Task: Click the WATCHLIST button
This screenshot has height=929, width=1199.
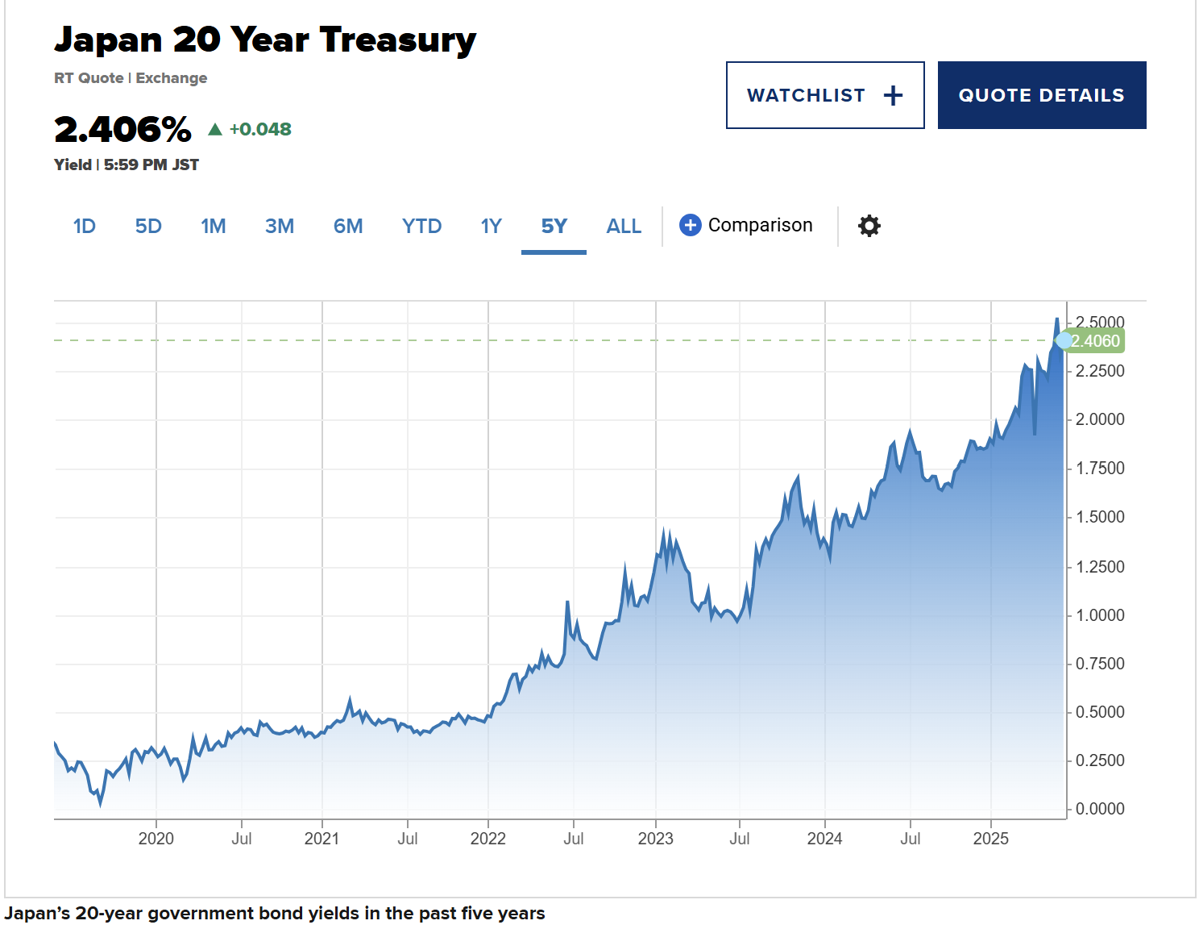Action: point(824,95)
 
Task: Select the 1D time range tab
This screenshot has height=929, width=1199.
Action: point(85,226)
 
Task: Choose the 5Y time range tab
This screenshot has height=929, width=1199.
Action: point(554,226)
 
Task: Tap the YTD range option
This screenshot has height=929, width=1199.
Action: point(421,226)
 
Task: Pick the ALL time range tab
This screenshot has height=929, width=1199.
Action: point(624,226)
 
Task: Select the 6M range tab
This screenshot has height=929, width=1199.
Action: point(348,226)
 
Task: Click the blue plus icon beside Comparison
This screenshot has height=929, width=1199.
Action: point(690,225)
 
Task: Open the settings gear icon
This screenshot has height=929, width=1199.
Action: point(869,226)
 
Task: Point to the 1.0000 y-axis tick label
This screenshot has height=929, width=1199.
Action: point(1100,615)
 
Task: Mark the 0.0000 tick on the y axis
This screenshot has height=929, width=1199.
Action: point(1100,809)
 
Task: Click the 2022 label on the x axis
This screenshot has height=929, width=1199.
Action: point(487,839)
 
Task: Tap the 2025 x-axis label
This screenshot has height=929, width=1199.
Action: point(990,839)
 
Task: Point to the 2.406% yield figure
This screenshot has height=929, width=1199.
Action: point(122,129)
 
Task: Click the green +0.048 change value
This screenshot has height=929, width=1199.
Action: point(260,129)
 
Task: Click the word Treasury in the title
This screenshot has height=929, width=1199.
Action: point(397,40)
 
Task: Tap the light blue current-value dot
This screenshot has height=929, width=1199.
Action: point(1064,340)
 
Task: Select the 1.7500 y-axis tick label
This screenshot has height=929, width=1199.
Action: point(1100,469)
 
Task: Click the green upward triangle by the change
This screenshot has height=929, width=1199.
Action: point(215,129)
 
